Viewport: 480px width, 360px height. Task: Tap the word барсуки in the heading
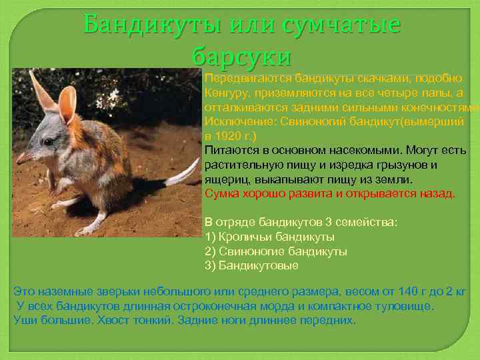[x=241, y=56]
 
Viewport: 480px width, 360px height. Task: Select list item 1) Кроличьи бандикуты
[x=269, y=237]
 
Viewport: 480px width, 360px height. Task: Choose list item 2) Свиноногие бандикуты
[x=275, y=251]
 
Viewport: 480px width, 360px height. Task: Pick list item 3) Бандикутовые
[x=251, y=265]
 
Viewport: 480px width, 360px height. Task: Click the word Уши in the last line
[x=25, y=320]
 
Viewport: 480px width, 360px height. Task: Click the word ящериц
[x=225, y=179]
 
